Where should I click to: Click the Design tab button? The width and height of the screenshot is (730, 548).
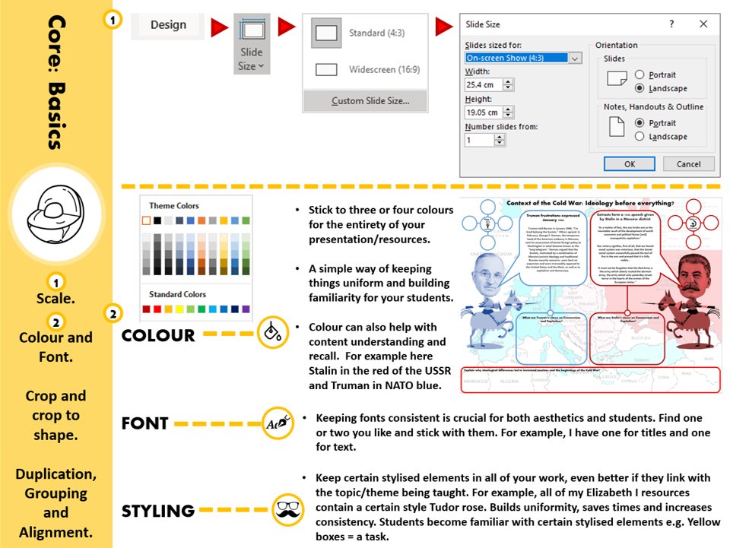pos(168,25)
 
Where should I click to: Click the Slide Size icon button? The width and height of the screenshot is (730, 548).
pos(250,44)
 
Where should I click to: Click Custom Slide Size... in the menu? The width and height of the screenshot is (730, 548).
pos(370,100)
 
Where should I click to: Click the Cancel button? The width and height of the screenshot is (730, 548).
pos(688,163)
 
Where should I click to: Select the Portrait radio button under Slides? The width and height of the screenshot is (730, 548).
pos(640,74)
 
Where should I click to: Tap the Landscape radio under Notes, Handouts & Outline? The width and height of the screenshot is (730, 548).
pos(640,137)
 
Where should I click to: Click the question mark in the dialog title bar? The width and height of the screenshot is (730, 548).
pos(671,24)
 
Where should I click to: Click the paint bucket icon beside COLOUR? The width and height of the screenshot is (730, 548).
pos(271,333)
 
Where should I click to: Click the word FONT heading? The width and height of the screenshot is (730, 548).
pos(145,423)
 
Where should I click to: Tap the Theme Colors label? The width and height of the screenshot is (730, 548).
pos(174,206)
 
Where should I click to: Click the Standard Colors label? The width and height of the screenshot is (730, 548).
pos(178,293)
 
